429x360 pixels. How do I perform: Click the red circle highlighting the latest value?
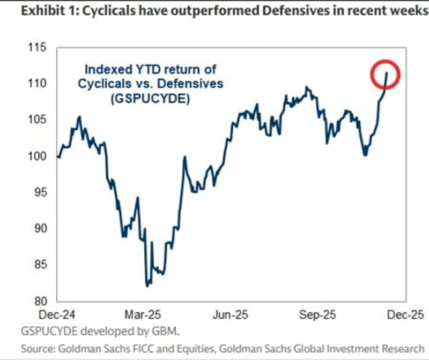385,74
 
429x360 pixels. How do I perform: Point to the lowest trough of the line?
147,285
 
